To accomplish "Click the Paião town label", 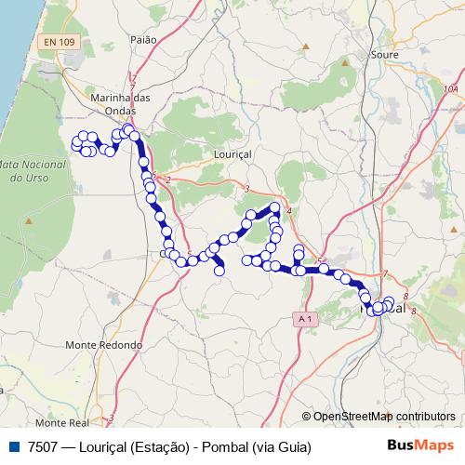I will [x=144, y=40].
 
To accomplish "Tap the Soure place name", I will [x=383, y=54].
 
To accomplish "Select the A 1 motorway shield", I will [x=303, y=319].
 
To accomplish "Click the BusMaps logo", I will [x=420, y=445].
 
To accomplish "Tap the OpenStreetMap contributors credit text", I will [x=383, y=417].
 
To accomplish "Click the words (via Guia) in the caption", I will [x=280, y=446].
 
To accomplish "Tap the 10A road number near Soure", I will [x=451, y=89].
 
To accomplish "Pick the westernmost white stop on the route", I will [x=76, y=142].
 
